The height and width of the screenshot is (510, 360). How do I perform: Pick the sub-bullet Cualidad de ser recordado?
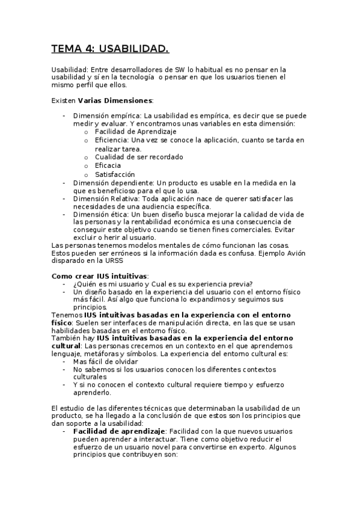coord(139,157)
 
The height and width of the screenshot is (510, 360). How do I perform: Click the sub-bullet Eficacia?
coord(108,165)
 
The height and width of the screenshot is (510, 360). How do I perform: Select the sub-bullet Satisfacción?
coord(115,174)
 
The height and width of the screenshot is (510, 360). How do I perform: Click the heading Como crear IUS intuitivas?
coord(99,276)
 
